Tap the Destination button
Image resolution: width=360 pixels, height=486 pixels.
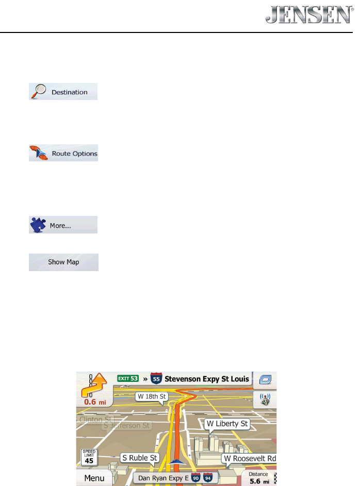point(63,92)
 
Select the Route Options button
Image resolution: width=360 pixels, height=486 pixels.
point(63,154)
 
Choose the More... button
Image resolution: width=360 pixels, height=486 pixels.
point(63,225)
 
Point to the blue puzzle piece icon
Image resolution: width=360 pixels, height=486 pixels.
point(38,225)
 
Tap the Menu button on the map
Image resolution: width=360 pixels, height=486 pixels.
point(94,478)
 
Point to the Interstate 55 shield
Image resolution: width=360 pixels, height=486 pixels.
point(156,379)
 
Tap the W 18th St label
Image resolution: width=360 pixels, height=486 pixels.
point(152,396)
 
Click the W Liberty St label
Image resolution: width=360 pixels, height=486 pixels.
point(227,424)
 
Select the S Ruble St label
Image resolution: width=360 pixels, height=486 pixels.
point(140,457)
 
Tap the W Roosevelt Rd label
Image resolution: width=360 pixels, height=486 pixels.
point(250,458)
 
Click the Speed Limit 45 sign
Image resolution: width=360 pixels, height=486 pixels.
point(89,457)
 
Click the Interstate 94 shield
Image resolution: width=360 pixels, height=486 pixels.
point(208,478)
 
